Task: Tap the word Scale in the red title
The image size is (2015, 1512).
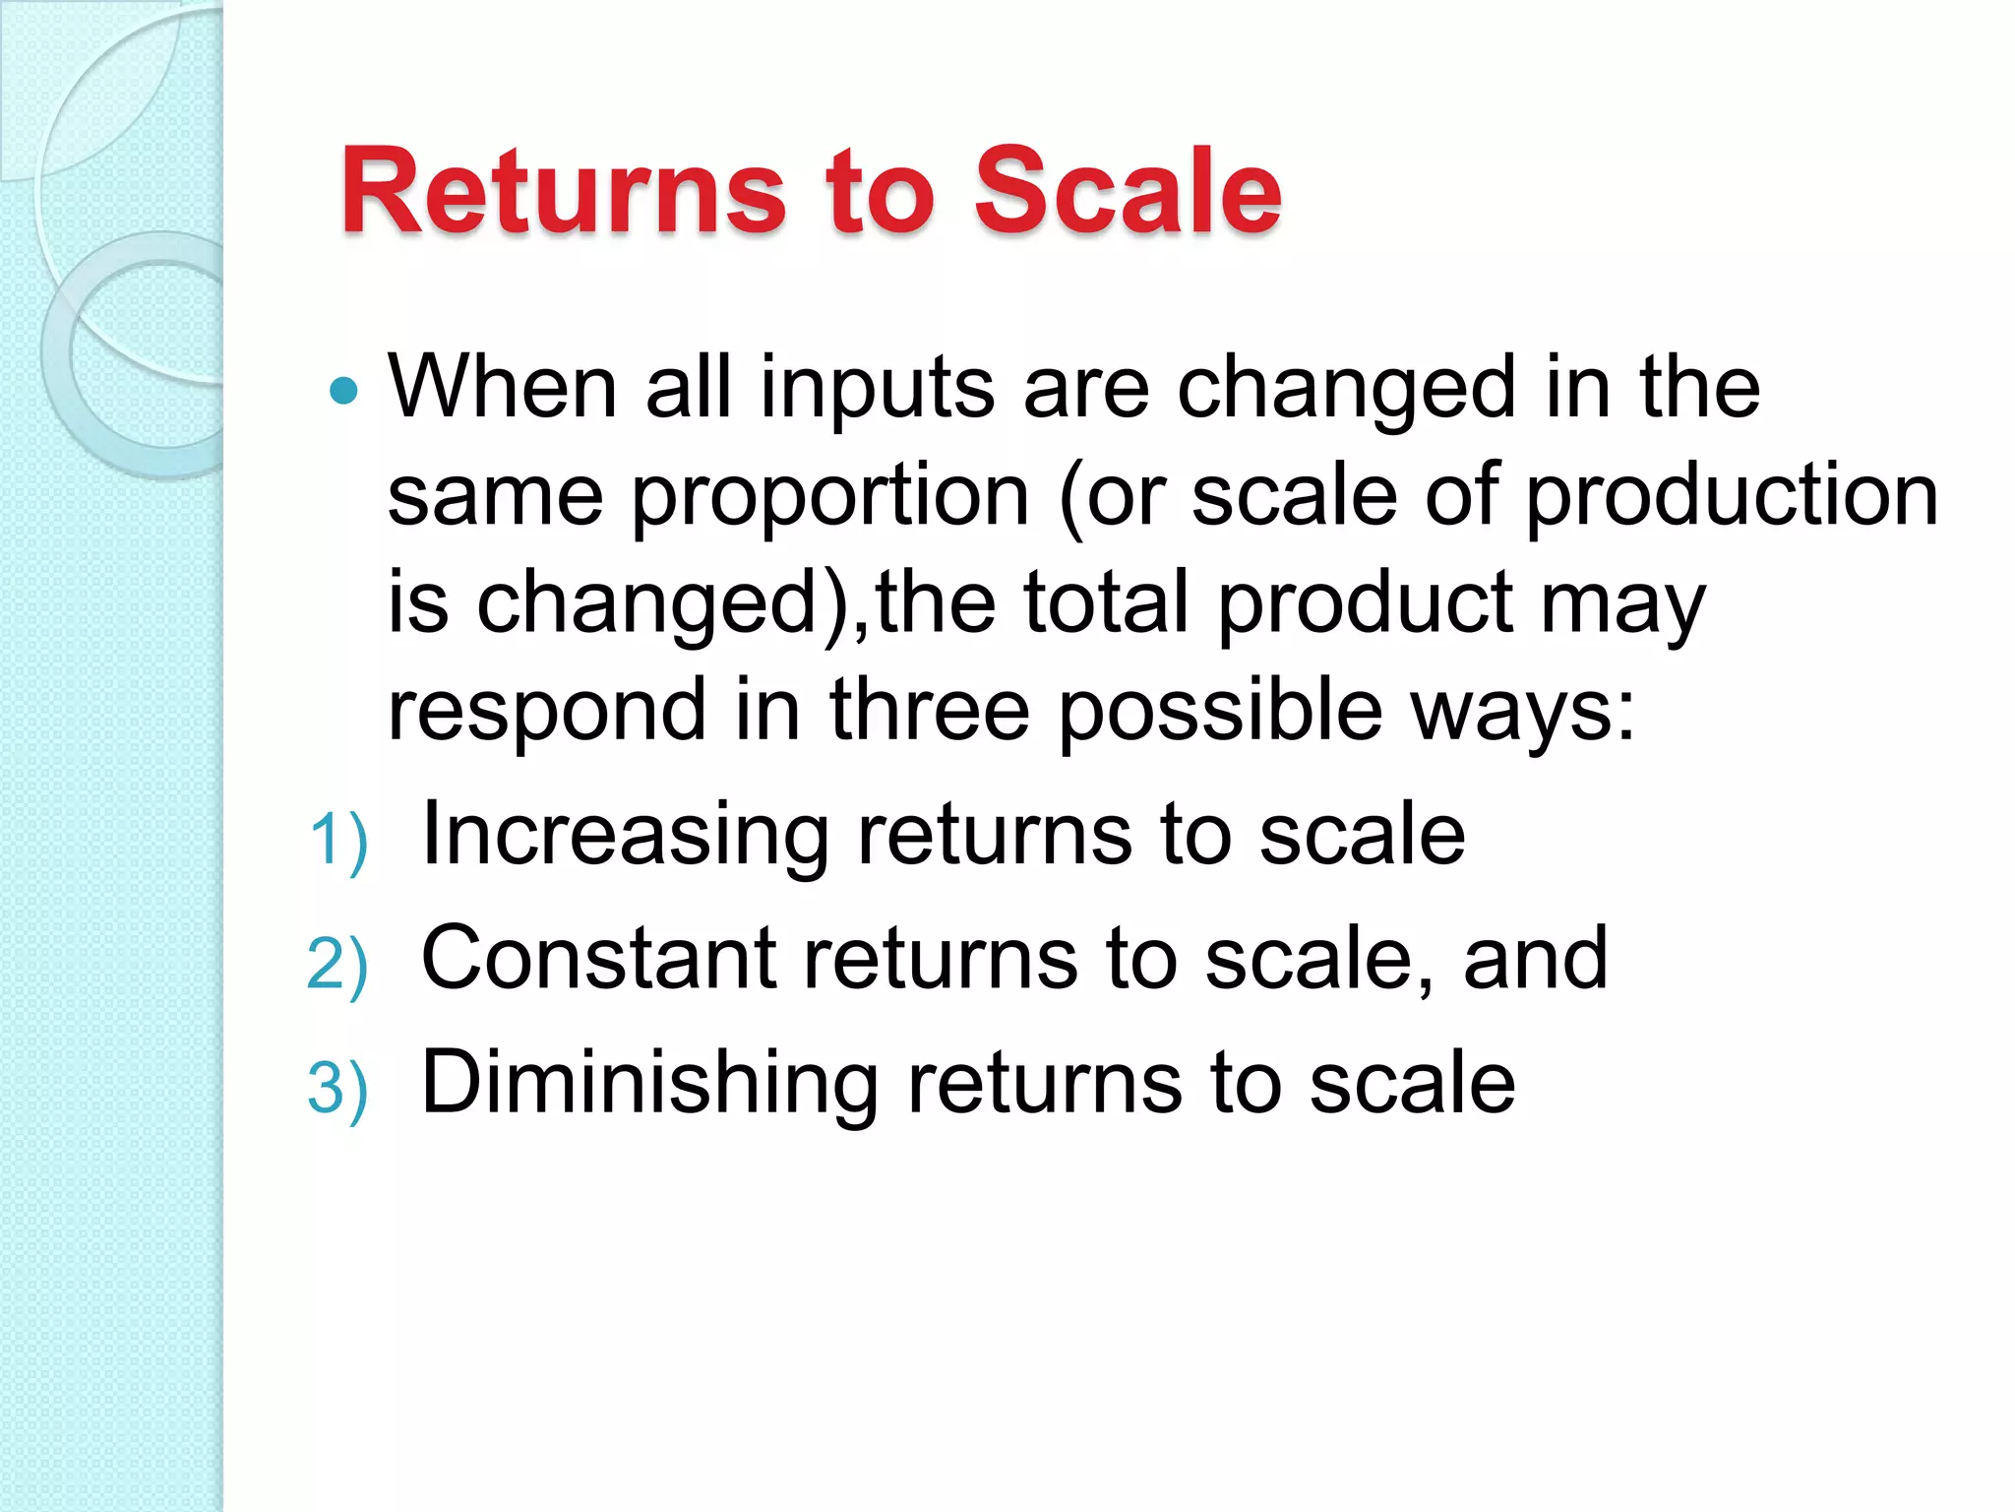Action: click(1127, 191)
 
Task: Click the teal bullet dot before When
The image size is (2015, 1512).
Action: click(343, 392)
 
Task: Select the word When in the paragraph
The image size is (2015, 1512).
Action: click(502, 388)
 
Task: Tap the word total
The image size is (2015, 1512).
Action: click(1106, 602)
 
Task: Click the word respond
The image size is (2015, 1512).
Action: click(546, 711)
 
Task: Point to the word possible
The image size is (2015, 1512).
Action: click(1220, 711)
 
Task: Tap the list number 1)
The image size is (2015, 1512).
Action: click(337, 841)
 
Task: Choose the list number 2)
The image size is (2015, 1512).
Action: click(337, 965)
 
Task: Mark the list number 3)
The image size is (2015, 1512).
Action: click(337, 1089)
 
